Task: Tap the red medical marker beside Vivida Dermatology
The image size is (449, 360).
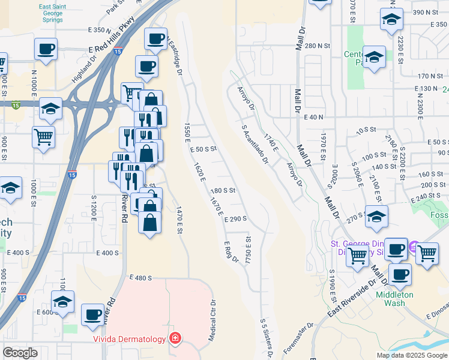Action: tap(175, 339)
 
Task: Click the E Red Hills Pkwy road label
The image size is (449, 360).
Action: tap(112, 43)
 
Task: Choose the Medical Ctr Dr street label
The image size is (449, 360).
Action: tap(211, 321)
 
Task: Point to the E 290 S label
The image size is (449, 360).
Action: tap(237, 220)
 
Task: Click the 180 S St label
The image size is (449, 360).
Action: tap(222, 190)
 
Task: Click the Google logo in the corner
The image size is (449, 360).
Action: tap(20, 353)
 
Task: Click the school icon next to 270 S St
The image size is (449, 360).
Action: tap(376, 217)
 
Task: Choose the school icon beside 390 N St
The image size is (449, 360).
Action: tap(391, 19)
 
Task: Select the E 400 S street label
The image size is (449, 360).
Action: tap(107, 253)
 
